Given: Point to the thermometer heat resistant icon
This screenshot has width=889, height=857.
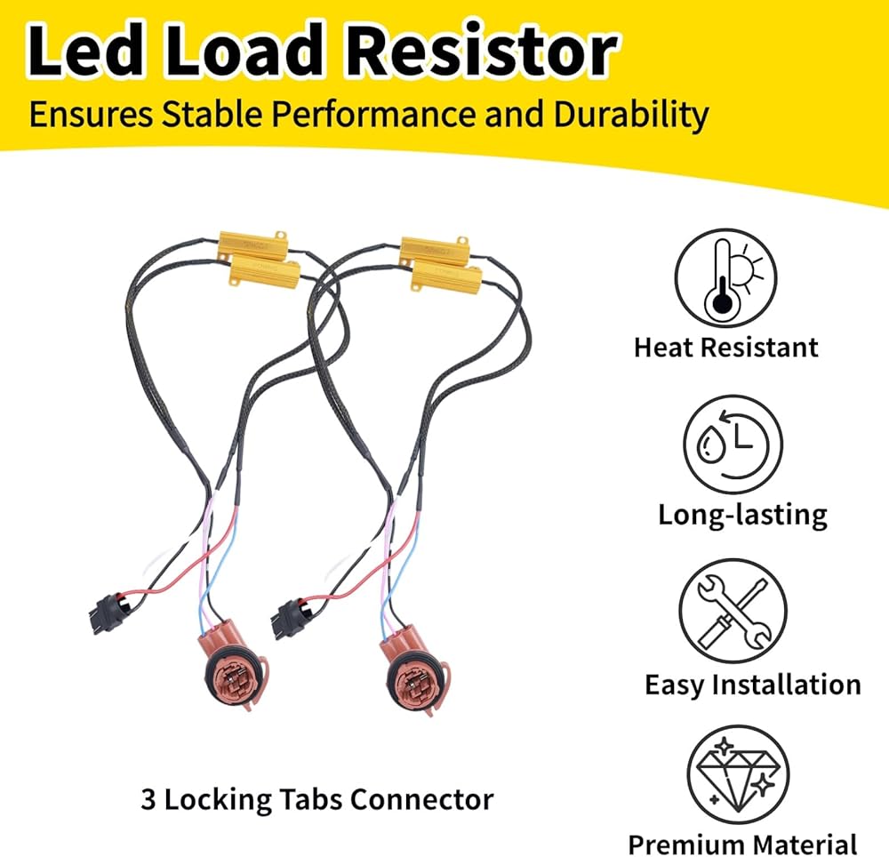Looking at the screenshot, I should click(725, 280).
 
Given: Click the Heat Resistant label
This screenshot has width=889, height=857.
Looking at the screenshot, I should click(726, 347).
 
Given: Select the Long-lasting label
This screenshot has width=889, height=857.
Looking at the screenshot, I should click(742, 514).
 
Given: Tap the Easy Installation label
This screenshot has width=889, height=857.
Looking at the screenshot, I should click(752, 685).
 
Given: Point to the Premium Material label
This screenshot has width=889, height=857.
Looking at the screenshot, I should click(742, 843).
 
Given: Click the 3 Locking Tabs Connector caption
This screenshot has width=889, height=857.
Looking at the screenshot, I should click(316, 798).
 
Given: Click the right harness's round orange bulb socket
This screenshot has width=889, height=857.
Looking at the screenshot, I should click(411, 683).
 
